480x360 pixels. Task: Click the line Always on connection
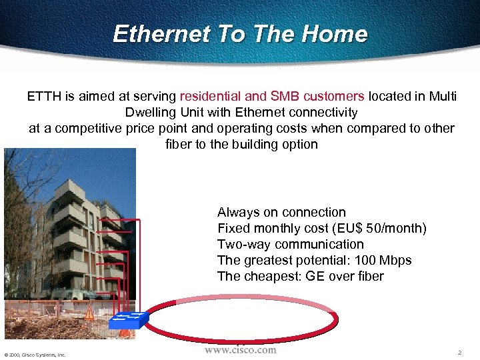tap(281, 213)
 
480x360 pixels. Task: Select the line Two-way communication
tap(291, 245)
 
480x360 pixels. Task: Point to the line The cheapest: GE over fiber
tap(300, 277)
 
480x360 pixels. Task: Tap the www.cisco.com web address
tap(240, 350)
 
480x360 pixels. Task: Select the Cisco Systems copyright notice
tap(34, 355)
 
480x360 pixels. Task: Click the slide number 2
tap(459, 352)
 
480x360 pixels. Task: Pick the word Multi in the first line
tap(442, 97)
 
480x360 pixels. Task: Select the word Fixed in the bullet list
tap(233, 229)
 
